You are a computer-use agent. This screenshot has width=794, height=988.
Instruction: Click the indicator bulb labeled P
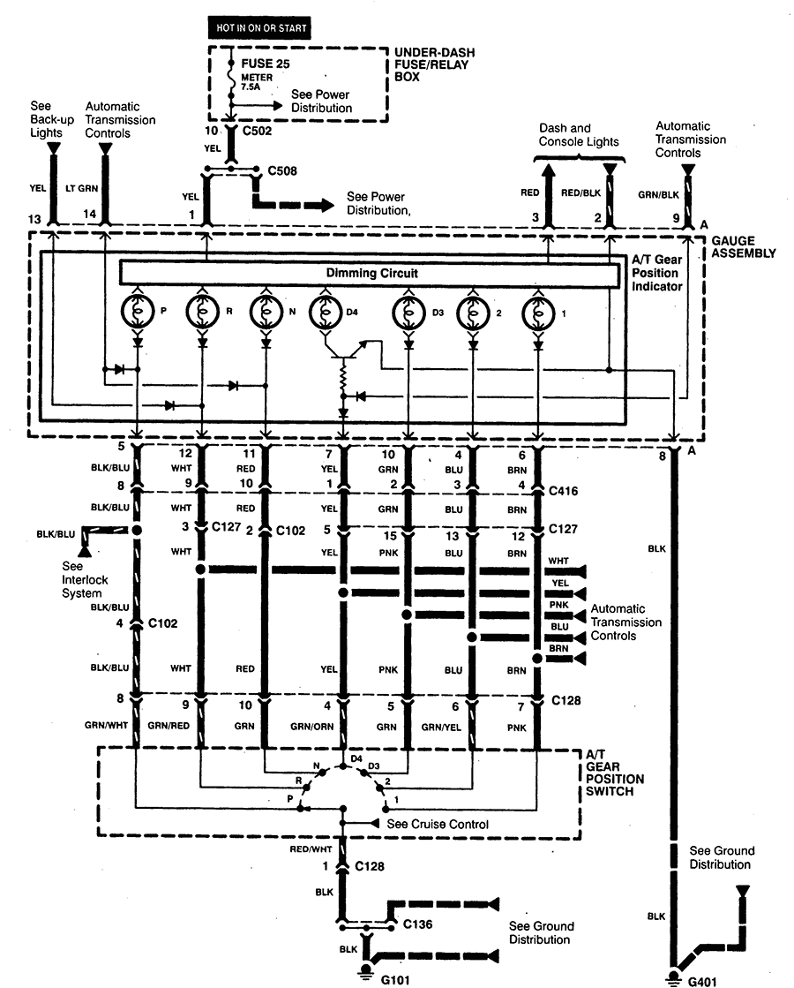coord(137,313)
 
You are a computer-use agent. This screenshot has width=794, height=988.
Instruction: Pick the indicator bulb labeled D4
coord(324,313)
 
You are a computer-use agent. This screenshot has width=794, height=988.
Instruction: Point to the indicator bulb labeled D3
coord(408,313)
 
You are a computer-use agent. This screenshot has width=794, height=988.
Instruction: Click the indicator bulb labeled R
coord(202,313)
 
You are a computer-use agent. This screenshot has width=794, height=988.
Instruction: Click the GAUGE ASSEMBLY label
coord(743,246)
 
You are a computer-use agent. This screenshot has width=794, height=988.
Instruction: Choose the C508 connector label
coord(282,171)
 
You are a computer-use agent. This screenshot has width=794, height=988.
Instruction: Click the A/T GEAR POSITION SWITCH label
coord(615,773)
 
